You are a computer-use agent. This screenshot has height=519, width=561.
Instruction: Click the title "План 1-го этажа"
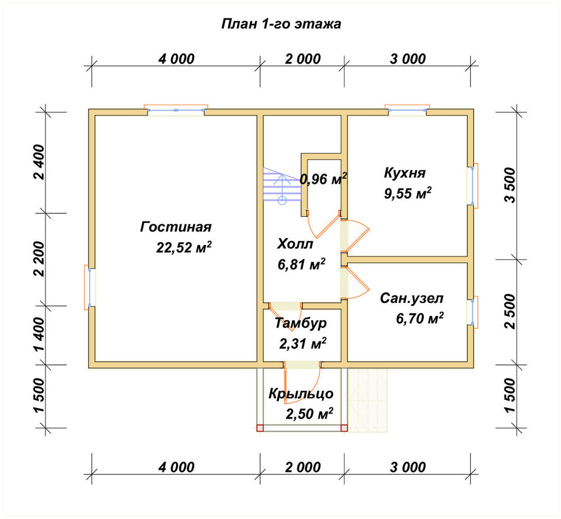(281, 24)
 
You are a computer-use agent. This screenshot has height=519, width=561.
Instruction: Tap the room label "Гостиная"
(176, 227)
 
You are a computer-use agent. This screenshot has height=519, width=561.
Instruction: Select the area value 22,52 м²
(184, 247)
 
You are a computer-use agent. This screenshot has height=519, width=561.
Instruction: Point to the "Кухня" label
(404, 173)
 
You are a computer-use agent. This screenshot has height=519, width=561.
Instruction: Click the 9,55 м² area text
(407, 193)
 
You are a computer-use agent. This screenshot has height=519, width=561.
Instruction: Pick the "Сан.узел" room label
(411, 298)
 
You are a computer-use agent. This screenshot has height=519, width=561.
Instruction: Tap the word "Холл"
(295, 244)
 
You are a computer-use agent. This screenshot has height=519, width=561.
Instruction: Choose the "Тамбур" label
(301, 323)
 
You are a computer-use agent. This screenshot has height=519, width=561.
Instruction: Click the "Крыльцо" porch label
(301, 394)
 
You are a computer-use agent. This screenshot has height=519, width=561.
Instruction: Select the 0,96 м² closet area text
(324, 179)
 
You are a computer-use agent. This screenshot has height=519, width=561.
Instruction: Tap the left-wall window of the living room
(90, 287)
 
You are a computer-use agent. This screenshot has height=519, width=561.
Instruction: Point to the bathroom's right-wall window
(472, 312)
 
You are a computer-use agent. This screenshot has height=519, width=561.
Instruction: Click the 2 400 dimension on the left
(39, 162)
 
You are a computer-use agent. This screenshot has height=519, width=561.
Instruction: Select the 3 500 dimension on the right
(511, 185)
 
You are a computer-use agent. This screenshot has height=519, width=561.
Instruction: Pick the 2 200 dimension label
(39, 259)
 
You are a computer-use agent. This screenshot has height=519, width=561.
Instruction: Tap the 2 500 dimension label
(511, 311)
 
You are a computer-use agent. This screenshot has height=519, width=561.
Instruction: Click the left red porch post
(260, 427)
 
